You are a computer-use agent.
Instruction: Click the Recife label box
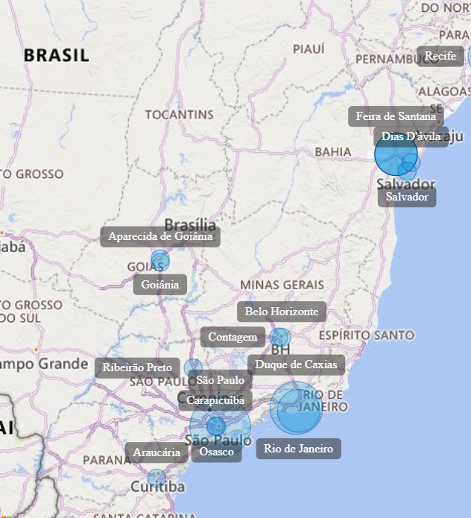(440, 56)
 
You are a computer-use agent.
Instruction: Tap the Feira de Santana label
(396, 116)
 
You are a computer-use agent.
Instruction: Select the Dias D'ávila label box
(411, 136)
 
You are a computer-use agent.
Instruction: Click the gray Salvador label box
(407, 197)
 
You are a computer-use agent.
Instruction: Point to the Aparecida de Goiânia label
(160, 237)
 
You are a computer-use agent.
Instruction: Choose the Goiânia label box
(160, 284)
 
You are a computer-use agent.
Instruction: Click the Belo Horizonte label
(282, 312)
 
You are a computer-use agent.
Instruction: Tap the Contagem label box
(233, 337)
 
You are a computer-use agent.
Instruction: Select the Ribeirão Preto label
(137, 367)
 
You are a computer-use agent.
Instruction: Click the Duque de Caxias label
(296, 364)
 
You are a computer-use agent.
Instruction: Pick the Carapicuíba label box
(215, 400)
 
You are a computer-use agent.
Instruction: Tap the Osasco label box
(217, 452)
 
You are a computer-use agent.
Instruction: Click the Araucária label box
(157, 452)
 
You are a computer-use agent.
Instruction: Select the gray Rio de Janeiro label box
(299, 448)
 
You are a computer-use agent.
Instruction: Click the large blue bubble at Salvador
(395, 157)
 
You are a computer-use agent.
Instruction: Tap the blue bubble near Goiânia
(159, 260)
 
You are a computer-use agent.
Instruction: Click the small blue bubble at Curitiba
(157, 478)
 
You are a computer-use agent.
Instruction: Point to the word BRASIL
(56, 55)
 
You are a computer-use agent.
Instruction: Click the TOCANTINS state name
(179, 115)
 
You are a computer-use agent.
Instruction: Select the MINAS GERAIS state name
(282, 285)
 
